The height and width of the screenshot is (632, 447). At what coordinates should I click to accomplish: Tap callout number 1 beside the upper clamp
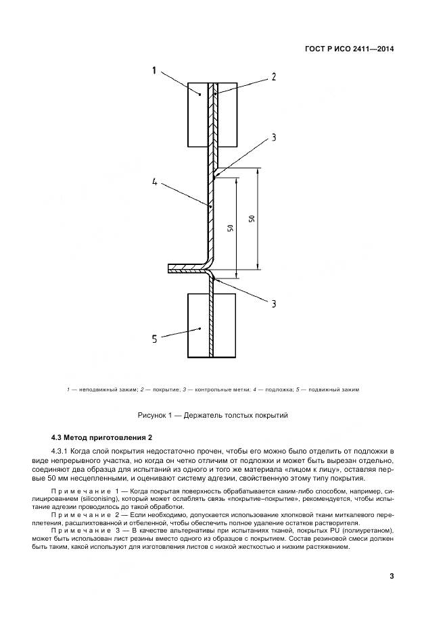pyautogui.click(x=155, y=70)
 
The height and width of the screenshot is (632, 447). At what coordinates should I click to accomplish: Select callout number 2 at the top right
pyautogui.click(x=274, y=76)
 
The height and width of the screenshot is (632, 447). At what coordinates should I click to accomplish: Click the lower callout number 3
pyautogui.click(x=274, y=303)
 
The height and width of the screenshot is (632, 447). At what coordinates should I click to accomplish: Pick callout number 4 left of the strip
pyautogui.click(x=155, y=181)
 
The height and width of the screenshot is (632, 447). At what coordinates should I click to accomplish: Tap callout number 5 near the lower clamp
pyautogui.click(x=155, y=339)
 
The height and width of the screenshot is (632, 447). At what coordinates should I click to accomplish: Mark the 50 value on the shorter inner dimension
pyautogui.click(x=231, y=228)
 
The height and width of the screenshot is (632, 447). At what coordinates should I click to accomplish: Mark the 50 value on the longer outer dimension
pyautogui.click(x=252, y=219)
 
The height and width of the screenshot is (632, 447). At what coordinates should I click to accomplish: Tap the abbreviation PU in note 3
pyautogui.click(x=307, y=531)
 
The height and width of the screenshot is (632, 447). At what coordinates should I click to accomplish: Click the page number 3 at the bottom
pyautogui.click(x=392, y=577)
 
